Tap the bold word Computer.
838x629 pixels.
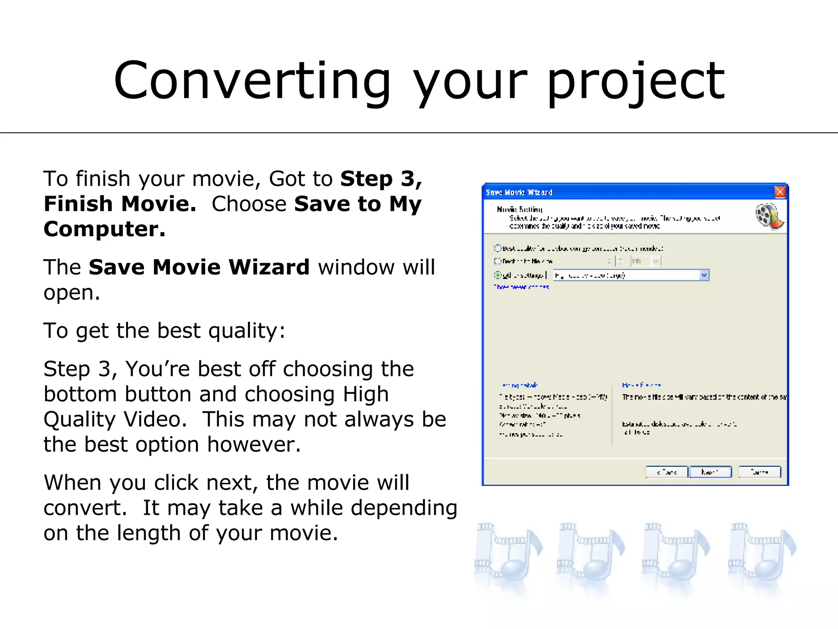click(104, 229)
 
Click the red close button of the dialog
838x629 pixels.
click(780, 192)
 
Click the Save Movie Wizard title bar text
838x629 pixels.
click(519, 192)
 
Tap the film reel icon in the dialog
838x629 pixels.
click(769, 216)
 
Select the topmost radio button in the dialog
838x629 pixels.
click(498, 248)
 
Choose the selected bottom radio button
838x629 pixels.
click(498, 275)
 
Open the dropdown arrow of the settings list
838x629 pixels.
click(704, 275)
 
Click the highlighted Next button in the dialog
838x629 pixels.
click(710, 472)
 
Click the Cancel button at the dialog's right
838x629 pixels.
click(759, 472)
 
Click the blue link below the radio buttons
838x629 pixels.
click(521, 287)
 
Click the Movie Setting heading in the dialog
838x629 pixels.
click(519, 209)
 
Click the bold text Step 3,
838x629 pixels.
click(381, 179)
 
